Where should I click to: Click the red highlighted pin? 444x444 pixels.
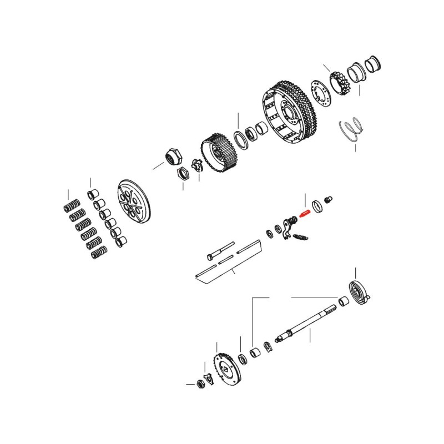point(304,212)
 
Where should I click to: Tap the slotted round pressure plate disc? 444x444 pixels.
point(135,201)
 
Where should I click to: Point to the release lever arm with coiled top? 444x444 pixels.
point(287,228)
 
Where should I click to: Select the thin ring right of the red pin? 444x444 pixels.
point(318,206)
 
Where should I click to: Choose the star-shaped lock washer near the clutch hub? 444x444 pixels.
point(195,165)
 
